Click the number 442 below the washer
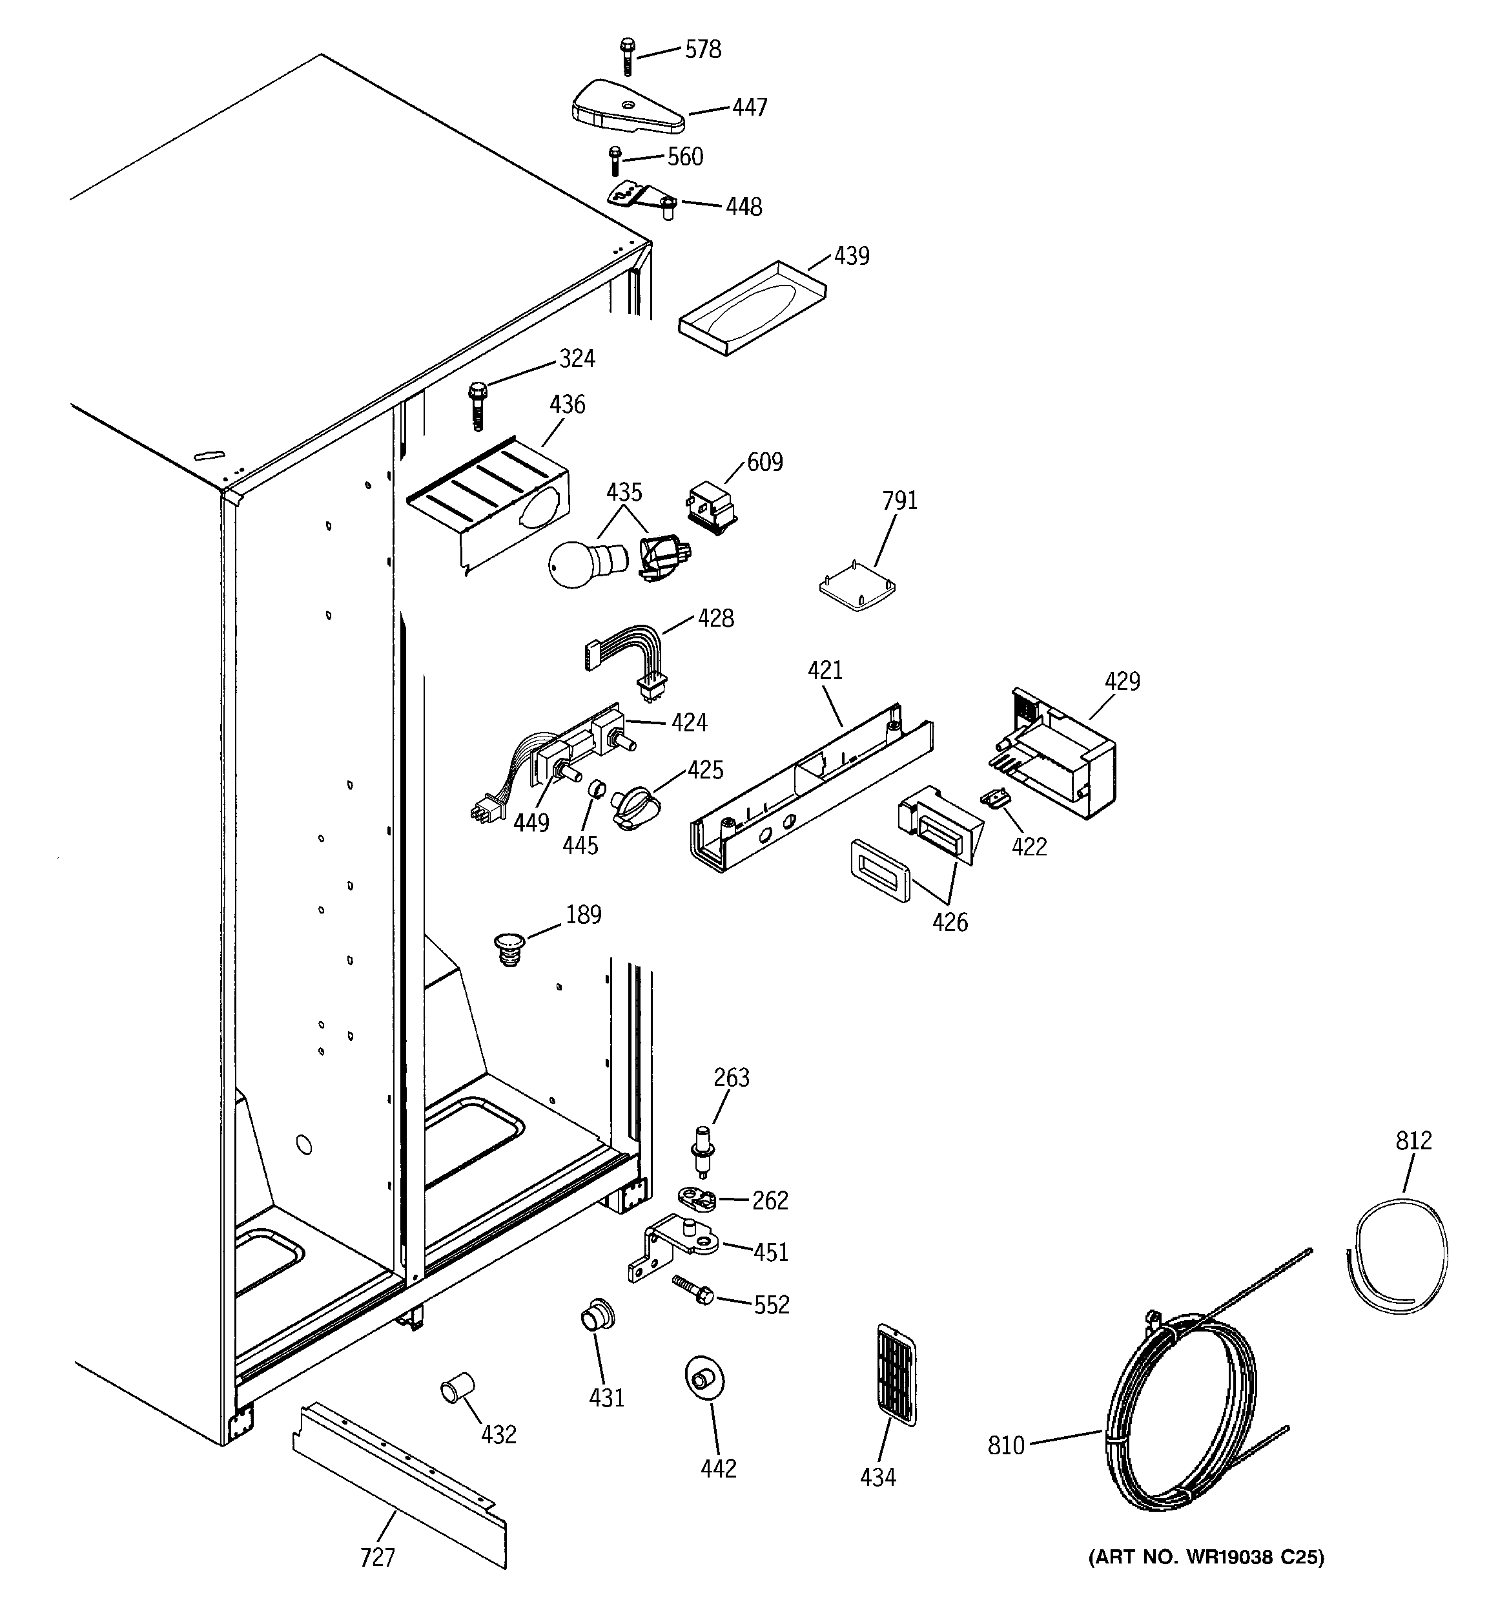(x=718, y=1468)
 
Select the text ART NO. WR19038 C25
(x=1206, y=1556)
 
